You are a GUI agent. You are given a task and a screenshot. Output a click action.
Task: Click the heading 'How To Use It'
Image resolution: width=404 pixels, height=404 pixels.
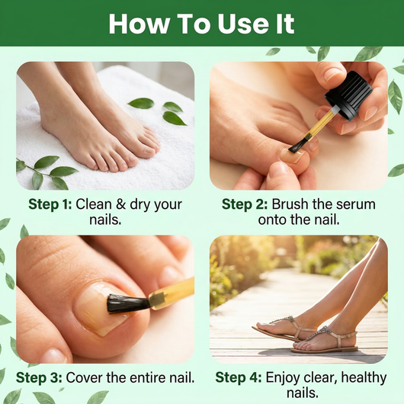click(x=201, y=24)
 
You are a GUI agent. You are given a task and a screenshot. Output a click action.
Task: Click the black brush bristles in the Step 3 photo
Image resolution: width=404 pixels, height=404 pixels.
click(x=128, y=303)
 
